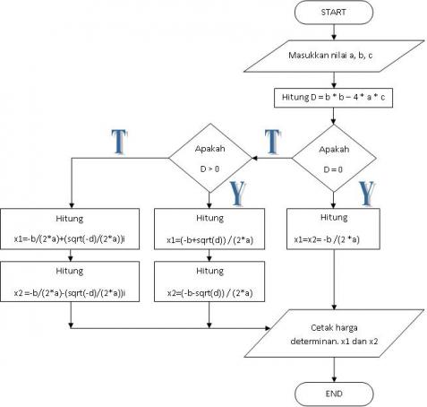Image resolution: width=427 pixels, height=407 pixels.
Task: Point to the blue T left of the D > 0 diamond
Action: pos(118,141)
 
